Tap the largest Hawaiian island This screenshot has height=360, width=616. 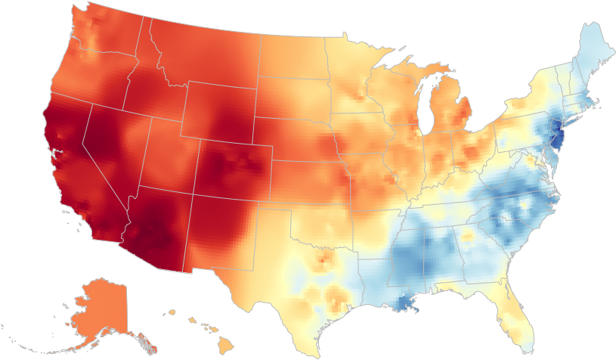226,344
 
